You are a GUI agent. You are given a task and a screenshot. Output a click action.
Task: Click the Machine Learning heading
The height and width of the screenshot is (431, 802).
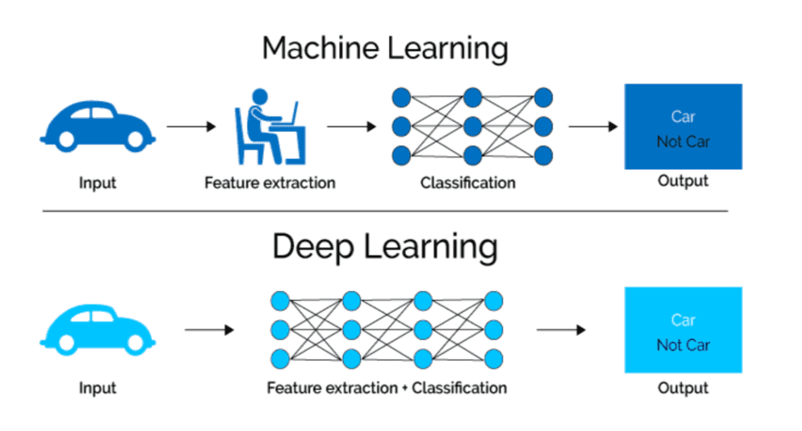385,48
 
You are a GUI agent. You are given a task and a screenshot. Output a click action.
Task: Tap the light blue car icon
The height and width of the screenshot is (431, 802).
95,329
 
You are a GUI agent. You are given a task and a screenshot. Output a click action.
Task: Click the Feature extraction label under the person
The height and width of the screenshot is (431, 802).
269,183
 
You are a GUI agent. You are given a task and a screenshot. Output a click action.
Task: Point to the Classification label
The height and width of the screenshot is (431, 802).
467,183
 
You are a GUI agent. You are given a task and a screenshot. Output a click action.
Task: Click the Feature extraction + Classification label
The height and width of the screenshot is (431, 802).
386,388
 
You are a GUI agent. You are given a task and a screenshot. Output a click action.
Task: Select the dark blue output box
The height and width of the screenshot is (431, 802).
683,126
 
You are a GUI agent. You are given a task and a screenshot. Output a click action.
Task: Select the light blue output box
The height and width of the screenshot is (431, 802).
683,330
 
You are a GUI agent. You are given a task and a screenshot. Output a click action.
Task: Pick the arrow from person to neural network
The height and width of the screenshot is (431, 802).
351,126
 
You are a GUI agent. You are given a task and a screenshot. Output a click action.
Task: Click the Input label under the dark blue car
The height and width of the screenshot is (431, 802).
98,183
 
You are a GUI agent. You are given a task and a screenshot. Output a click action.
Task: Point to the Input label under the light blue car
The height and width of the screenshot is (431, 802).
98,388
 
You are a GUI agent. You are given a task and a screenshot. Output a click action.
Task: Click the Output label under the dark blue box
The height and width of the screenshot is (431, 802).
682,182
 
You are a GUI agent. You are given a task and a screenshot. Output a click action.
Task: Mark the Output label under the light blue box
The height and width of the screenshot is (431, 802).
683,388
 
